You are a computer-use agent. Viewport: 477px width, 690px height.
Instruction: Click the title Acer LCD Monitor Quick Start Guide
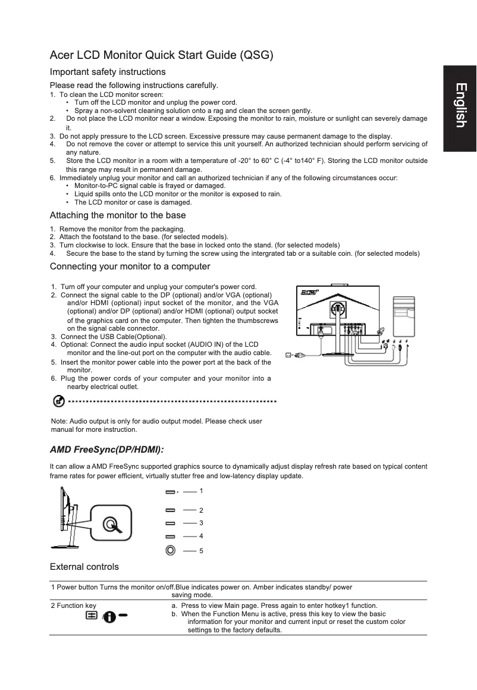pos(161,56)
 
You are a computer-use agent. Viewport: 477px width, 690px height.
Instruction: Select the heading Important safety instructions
pos(108,72)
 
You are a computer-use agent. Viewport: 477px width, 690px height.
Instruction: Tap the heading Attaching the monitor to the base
pos(118,215)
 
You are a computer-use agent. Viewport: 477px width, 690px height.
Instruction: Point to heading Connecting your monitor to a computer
pos(130,266)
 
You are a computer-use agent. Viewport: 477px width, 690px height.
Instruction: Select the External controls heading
pos(84,566)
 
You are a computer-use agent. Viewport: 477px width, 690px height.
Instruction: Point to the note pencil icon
pos(59,402)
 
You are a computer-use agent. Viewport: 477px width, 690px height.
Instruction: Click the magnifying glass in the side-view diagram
pos(111,524)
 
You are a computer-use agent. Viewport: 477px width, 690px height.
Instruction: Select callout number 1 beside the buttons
pos(201,491)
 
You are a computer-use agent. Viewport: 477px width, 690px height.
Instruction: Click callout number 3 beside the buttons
pos(201,523)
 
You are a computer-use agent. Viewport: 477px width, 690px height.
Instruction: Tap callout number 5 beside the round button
pos(201,551)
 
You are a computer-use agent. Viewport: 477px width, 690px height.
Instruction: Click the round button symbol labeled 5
pos(171,550)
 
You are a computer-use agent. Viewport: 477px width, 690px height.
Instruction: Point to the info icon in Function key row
pos(109,617)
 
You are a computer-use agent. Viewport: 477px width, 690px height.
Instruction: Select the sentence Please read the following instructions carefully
pos(134,85)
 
